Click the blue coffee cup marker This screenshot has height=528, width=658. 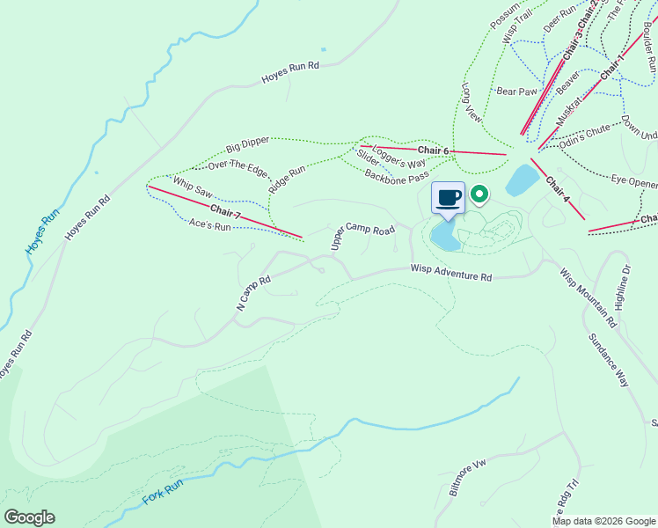click(448, 197)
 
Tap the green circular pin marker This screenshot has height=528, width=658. click(479, 193)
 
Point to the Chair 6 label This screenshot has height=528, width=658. click(434, 151)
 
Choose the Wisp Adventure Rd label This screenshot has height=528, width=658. click(450, 275)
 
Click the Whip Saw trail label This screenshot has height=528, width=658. click(193, 187)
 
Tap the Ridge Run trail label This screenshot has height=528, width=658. click(287, 179)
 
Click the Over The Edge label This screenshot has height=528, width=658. click(237, 164)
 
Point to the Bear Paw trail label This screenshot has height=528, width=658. click(516, 91)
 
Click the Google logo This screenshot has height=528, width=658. click(29, 517)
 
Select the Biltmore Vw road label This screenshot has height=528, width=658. click(468, 478)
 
